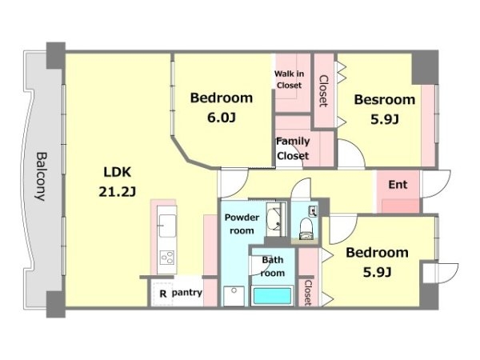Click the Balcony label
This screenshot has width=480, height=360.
[x=41, y=177]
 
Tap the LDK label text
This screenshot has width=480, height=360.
[x=118, y=172]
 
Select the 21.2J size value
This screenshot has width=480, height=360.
[x=118, y=192]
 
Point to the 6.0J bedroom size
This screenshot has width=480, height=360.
[x=222, y=118]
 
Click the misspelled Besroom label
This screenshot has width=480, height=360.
[x=385, y=100]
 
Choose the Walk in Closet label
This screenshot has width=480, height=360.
[x=289, y=79]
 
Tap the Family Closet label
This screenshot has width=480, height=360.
[x=293, y=149]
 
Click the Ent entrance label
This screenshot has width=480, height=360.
[x=398, y=185]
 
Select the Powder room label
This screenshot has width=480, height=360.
[x=242, y=224]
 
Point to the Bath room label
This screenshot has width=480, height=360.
[x=273, y=266]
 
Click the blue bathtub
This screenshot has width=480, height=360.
[x=272, y=296]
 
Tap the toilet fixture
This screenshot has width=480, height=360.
[x=306, y=228]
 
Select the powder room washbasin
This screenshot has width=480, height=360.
[x=274, y=219]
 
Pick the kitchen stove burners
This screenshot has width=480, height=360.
[x=167, y=258]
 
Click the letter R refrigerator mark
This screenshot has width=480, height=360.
[x=163, y=294]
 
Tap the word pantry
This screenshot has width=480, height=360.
[x=186, y=293]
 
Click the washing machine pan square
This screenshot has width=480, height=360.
[x=234, y=296]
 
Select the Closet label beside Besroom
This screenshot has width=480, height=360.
[x=323, y=91]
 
